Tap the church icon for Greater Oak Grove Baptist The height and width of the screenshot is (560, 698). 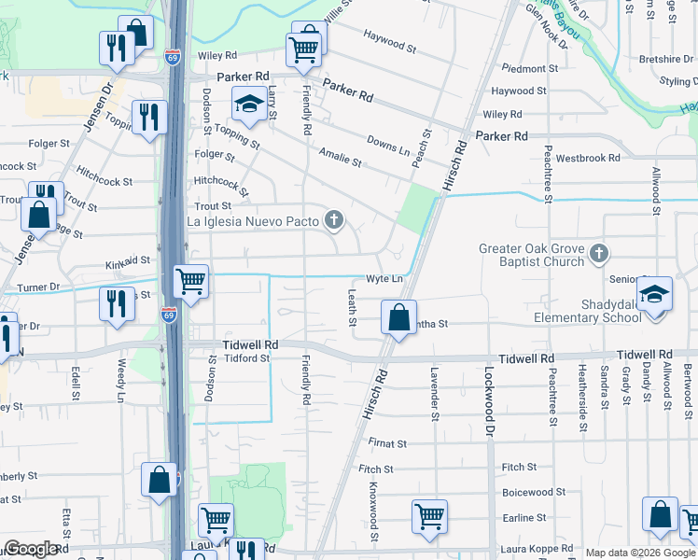coord(599,253)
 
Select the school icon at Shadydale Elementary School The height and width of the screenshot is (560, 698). coord(655,295)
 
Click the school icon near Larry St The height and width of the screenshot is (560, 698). coord(249,105)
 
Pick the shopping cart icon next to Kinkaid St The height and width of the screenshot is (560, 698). coord(190,279)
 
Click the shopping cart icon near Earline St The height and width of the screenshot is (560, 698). coord(429,514)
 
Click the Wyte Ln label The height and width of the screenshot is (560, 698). coord(384,279)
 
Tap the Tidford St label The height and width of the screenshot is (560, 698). coord(246,358)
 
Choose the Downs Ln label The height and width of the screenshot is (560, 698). coord(388,146)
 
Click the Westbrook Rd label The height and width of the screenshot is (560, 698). coord(588,158)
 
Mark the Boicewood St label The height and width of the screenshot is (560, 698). coord(528,492)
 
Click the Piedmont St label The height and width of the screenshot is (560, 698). coord(529,69)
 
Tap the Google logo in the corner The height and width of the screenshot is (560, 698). coord(31,550)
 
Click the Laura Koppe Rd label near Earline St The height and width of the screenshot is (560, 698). coord(535,551)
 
